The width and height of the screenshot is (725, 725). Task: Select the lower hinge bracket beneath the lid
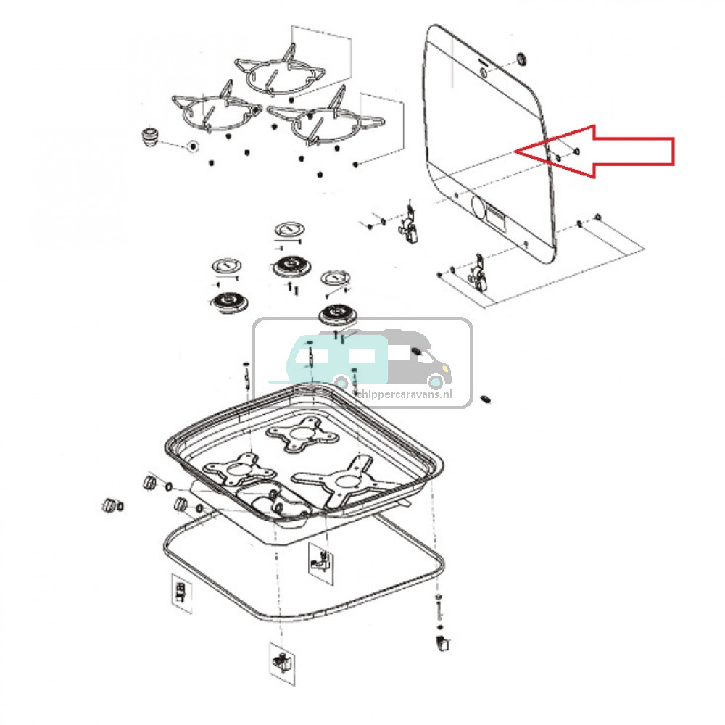click(x=479, y=273)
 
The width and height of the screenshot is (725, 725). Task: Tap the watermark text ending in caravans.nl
click(x=404, y=394)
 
